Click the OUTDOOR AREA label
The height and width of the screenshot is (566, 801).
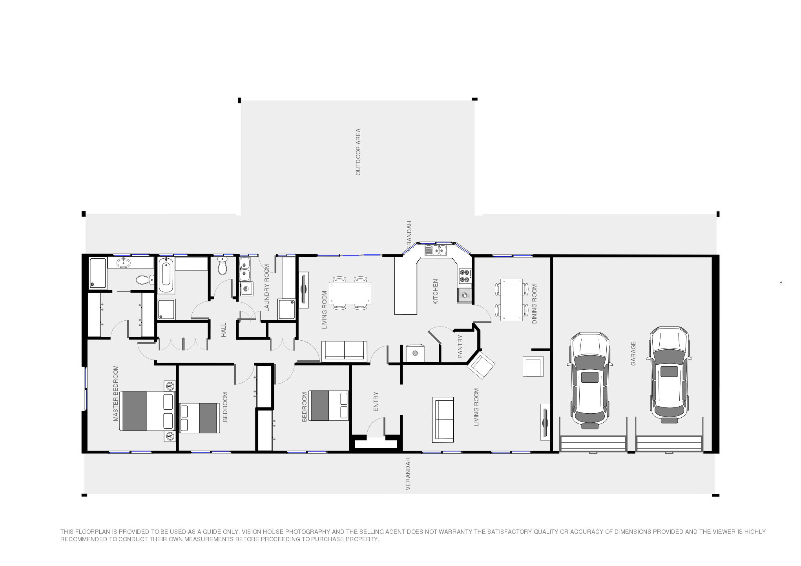click(358, 152)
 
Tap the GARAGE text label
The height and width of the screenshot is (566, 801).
click(633, 353)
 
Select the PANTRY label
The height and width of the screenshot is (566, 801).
click(460, 347)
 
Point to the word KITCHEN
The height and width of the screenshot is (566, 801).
click(435, 292)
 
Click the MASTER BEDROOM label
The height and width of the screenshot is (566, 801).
click(116, 393)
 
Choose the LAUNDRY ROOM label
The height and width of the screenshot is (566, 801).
click(267, 288)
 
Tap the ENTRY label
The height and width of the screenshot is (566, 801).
click(376, 401)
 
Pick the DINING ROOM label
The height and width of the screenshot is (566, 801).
click(534, 304)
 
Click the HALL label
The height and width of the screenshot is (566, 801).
click(224, 330)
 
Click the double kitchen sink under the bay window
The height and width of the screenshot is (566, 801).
click(435, 250)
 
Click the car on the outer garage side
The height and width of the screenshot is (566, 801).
click(669, 375)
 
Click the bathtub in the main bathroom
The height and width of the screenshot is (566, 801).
click(166, 274)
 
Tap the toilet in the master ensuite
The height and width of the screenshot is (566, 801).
click(145, 280)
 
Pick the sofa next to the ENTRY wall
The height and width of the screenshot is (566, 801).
click(443, 419)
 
